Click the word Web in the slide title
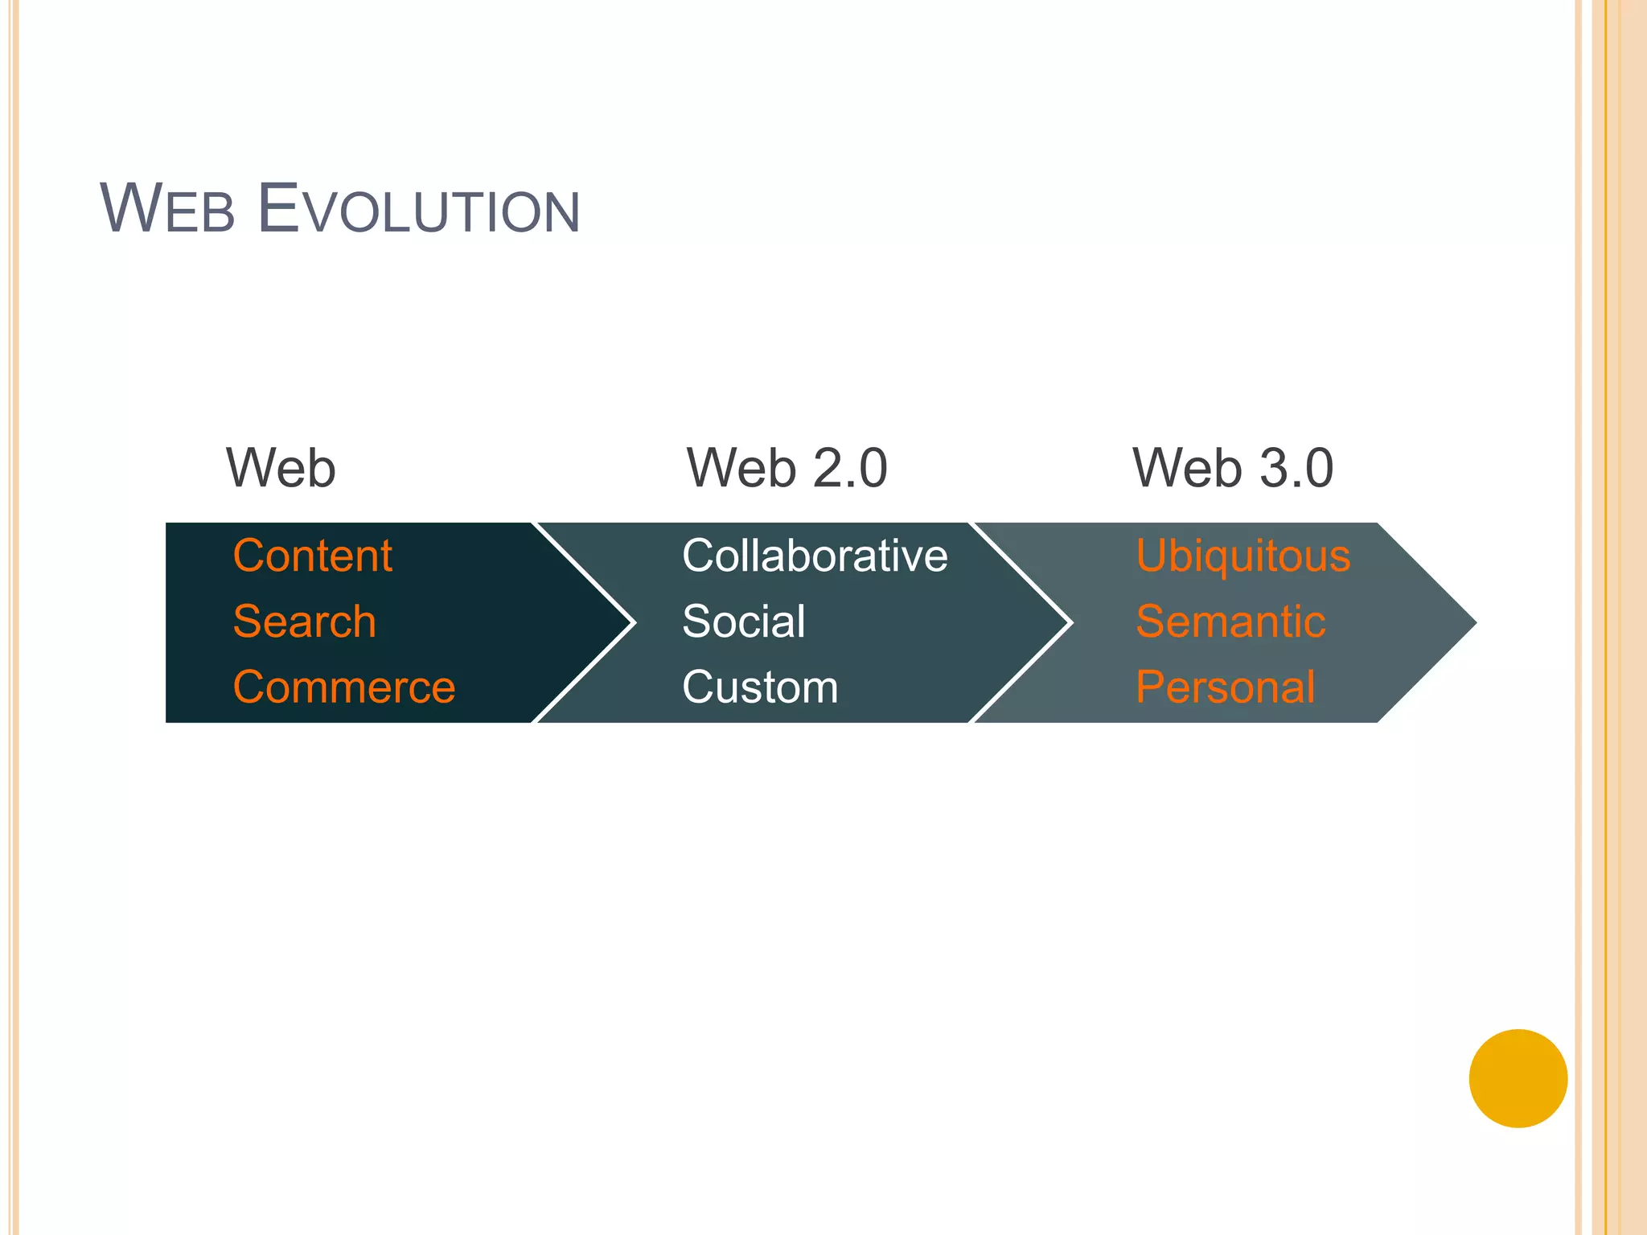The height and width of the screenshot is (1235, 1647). pos(167,209)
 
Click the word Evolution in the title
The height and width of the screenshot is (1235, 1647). pos(418,209)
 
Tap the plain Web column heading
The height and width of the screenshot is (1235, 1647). pos(281,468)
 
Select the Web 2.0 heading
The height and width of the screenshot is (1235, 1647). pos(787,468)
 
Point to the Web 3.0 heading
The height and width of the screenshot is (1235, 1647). pos(1233,468)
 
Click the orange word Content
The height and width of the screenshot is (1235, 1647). pos(312,556)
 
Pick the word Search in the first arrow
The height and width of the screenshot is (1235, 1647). pos(304,622)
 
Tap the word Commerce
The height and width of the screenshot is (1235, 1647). pos(344,687)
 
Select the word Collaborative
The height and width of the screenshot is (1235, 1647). pos(815,556)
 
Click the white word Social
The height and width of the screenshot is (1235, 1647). pos(743,622)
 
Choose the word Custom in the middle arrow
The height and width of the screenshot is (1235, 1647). pos(760,687)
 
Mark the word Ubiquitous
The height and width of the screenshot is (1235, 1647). pos(1243,556)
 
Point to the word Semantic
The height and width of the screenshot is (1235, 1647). pos(1230,622)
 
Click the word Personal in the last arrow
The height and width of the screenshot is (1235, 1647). pos(1226,687)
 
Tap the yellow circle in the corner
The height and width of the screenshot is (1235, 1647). pos(1518,1078)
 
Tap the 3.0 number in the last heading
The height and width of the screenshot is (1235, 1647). pos(1296,468)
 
